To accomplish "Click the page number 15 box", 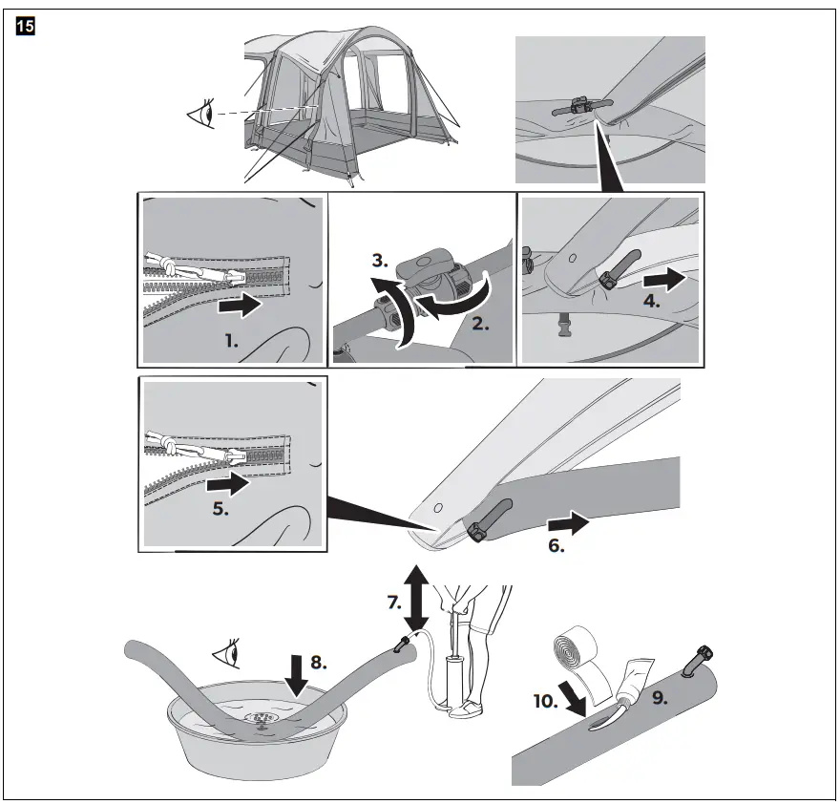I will (x=25, y=27).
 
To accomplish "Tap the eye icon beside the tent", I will (x=201, y=116).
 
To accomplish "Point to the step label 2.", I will (x=479, y=325).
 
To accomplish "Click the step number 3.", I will (x=381, y=261).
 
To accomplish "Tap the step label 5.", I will (x=220, y=509).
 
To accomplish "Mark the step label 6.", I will (x=556, y=548).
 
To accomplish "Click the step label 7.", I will (x=394, y=603).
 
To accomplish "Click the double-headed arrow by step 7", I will (x=416, y=598).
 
